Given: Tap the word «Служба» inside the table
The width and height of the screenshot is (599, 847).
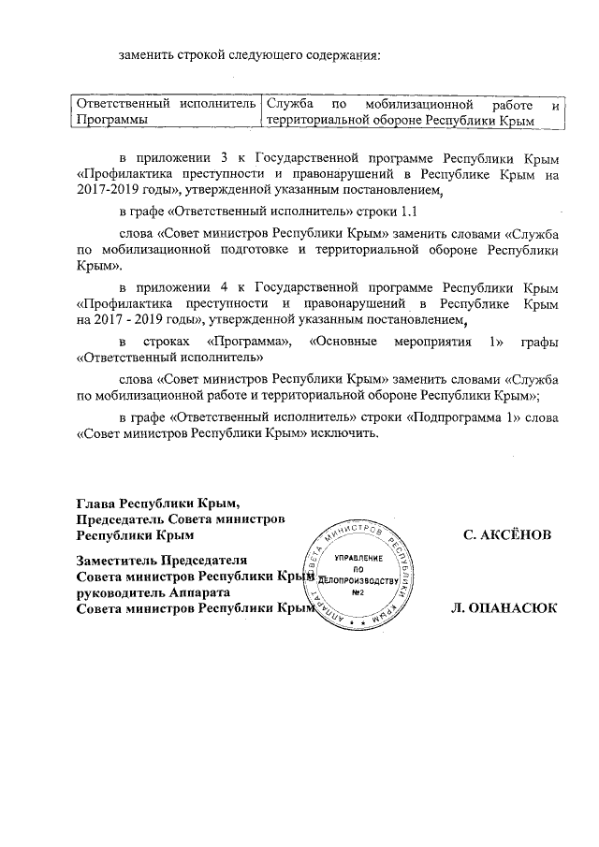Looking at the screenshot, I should (x=289, y=104).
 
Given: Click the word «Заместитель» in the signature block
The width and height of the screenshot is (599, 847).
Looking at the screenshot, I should (x=115, y=559).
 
